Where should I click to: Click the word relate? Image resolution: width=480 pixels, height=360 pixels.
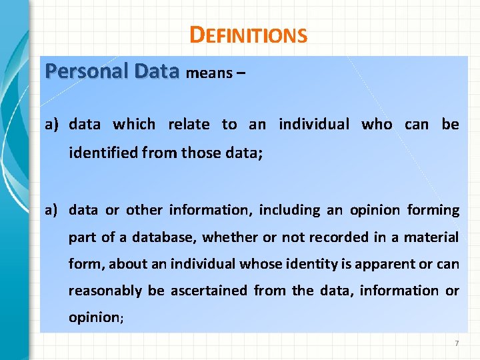189,124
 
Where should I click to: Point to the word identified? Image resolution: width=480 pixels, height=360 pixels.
103,153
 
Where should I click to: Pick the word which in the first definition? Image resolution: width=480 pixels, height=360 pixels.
134,124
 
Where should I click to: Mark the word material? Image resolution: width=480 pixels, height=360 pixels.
434,237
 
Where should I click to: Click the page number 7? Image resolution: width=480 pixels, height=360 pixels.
457,343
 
